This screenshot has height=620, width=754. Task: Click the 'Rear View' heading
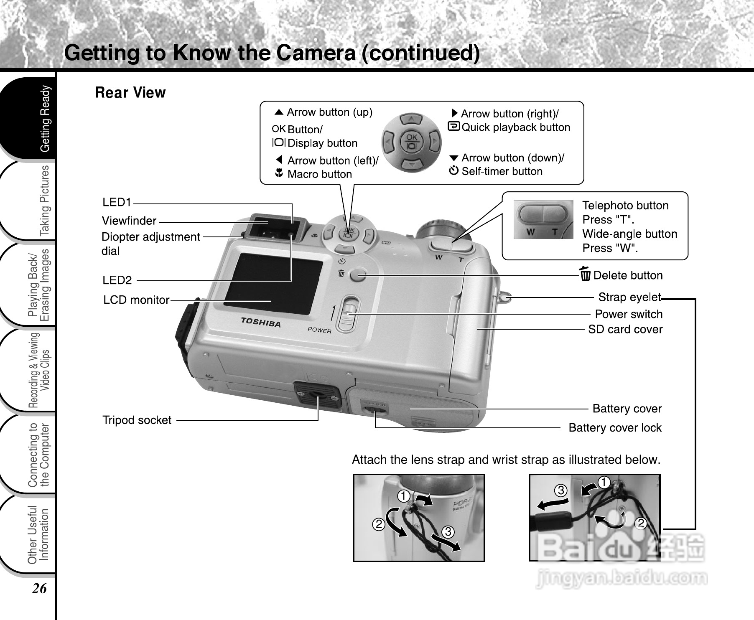click(x=130, y=92)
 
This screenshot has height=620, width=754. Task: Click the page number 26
click(x=40, y=588)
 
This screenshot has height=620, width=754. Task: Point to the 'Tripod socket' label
click(x=137, y=420)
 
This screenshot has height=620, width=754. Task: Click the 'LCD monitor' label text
click(x=136, y=300)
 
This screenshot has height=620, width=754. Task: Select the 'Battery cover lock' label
click(x=615, y=428)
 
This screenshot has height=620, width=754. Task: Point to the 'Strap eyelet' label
click(x=629, y=297)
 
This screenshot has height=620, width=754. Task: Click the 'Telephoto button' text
click(x=625, y=206)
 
